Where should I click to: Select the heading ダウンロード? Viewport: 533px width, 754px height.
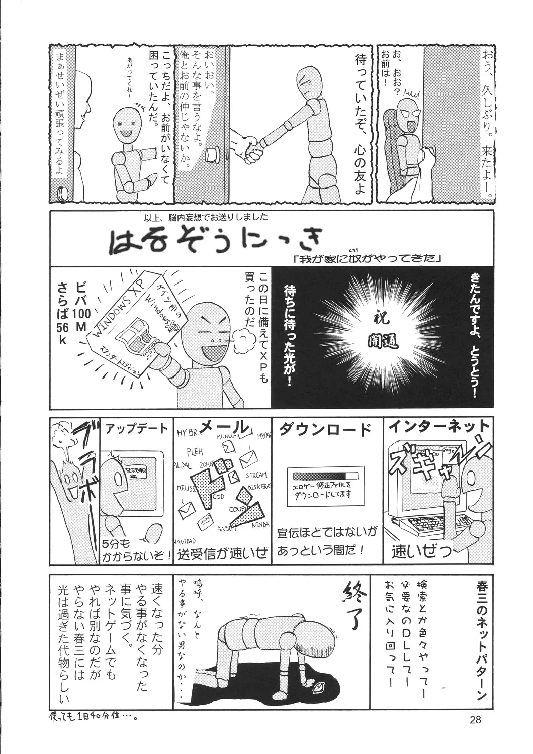click(x=325, y=428)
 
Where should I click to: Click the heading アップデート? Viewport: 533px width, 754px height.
click(x=136, y=429)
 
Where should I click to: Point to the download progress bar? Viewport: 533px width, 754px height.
click(x=319, y=476)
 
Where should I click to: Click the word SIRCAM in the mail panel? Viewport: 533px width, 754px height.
click(x=256, y=475)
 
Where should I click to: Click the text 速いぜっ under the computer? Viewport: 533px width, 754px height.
click(x=421, y=553)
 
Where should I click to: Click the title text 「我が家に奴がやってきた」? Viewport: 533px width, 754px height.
click(x=366, y=260)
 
